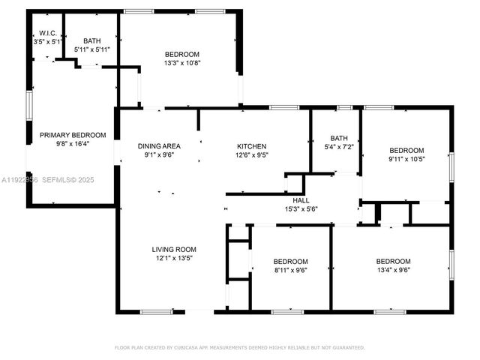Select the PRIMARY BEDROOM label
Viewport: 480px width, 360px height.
click(x=73, y=135)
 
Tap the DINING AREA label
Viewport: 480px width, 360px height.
click(x=158, y=146)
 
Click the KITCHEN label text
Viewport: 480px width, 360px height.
click(x=252, y=146)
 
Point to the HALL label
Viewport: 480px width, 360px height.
click(x=301, y=201)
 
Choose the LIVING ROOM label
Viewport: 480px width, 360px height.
click(x=174, y=250)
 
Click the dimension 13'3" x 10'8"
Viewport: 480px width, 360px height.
click(x=182, y=63)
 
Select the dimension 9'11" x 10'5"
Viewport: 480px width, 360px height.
click(x=406, y=159)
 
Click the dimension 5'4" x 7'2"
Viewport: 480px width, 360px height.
click(x=339, y=147)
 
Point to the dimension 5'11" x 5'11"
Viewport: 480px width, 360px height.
click(x=92, y=49)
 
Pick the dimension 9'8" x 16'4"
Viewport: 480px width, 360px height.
click(x=73, y=144)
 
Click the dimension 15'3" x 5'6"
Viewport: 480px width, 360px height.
click(x=301, y=210)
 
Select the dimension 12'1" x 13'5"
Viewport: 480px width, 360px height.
click(x=174, y=259)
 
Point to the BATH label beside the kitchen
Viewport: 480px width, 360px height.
click(x=339, y=138)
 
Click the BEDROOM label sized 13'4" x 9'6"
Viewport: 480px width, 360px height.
click(x=393, y=261)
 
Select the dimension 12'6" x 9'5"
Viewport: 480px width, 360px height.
click(x=252, y=155)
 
